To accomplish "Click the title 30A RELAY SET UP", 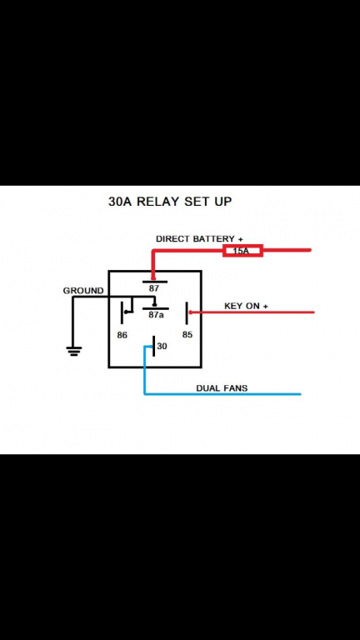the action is [170, 202].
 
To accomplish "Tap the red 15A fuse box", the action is [242, 251].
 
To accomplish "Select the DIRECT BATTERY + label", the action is [199, 239].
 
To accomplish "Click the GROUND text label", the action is [83, 291].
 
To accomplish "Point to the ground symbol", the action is [74, 351].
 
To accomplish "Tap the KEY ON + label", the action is [246, 306].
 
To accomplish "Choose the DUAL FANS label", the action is [222, 387].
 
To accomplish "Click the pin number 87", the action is [154, 288].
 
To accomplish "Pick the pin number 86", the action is [122, 335].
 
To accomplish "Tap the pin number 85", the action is [187, 335].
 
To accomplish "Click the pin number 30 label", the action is [162, 346].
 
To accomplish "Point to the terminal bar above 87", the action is [155, 282].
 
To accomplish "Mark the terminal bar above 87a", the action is [156, 308].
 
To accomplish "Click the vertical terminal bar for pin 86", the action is [122, 313].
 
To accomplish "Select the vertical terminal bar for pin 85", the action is [187, 313].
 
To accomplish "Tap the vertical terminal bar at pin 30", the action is [153, 346].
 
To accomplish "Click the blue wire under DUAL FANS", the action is [222, 394].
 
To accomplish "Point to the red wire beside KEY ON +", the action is [252, 312].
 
